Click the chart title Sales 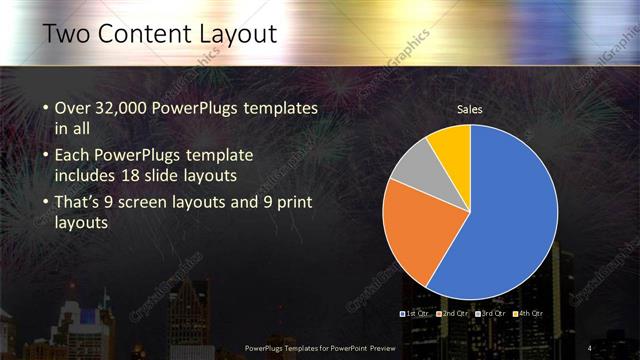pyautogui.click(x=469, y=108)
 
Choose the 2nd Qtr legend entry pyautogui.click(x=455, y=314)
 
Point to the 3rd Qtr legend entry pyautogui.click(x=492, y=314)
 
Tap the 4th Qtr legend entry pyautogui.click(x=529, y=314)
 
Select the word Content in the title pyautogui.click(x=147, y=35)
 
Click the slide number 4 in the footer pyautogui.click(x=589, y=347)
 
